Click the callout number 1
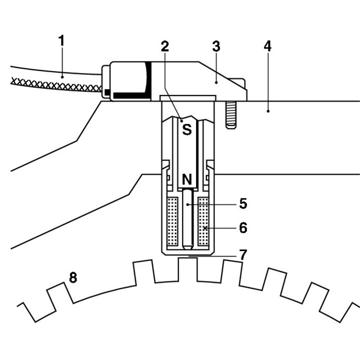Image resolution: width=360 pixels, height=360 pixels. click(61, 40)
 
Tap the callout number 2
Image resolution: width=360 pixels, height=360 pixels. click(165, 46)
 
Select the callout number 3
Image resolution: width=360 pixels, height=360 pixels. click(216, 46)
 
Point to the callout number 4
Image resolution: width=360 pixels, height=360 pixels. click(267, 46)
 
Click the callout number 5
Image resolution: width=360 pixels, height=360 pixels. click(243, 203)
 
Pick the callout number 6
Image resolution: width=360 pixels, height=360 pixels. click(243, 228)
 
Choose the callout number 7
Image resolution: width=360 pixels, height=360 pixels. click(243, 254)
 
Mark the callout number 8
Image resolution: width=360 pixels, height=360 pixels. click(73, 277)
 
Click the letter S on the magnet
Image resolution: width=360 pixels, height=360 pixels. click(187, 129)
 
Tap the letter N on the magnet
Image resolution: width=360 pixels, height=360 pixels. click(187, 179)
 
